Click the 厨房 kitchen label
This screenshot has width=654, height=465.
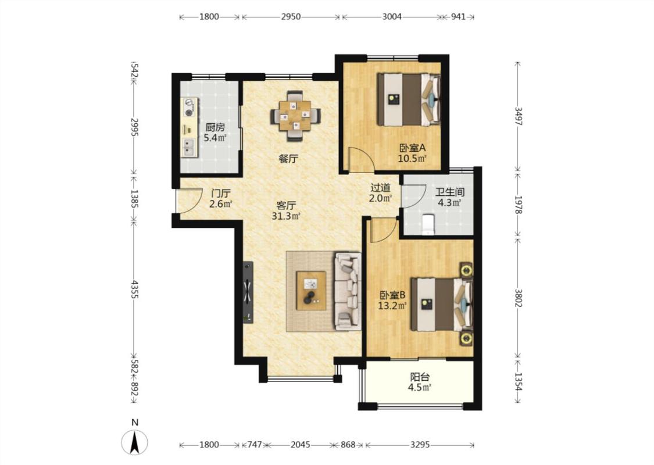[215, 127]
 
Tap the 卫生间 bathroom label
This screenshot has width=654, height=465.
[449, 192]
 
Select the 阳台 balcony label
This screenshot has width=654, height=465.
[420, 377]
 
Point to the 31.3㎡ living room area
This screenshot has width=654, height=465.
[286, 216]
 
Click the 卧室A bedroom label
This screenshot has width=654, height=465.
[412, 148]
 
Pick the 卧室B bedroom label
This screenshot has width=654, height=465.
[392, 295]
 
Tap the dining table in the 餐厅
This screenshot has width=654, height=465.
[296, 115]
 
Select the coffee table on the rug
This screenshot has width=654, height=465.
[311, 290]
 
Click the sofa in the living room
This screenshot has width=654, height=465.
[348, 291]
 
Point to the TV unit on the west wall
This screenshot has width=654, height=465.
[248, 292]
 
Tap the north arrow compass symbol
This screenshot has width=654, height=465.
[134, 442]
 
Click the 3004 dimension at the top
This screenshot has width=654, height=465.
[392, 17]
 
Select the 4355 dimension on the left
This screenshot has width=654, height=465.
[134, 289]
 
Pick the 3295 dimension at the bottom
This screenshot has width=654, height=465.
[420, 445]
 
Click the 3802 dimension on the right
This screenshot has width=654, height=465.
[518, 298]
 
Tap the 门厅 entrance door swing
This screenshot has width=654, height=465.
[188, 200]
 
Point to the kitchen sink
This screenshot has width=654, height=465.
[189, 147]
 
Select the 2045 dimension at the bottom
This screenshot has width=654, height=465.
[301, 445]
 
